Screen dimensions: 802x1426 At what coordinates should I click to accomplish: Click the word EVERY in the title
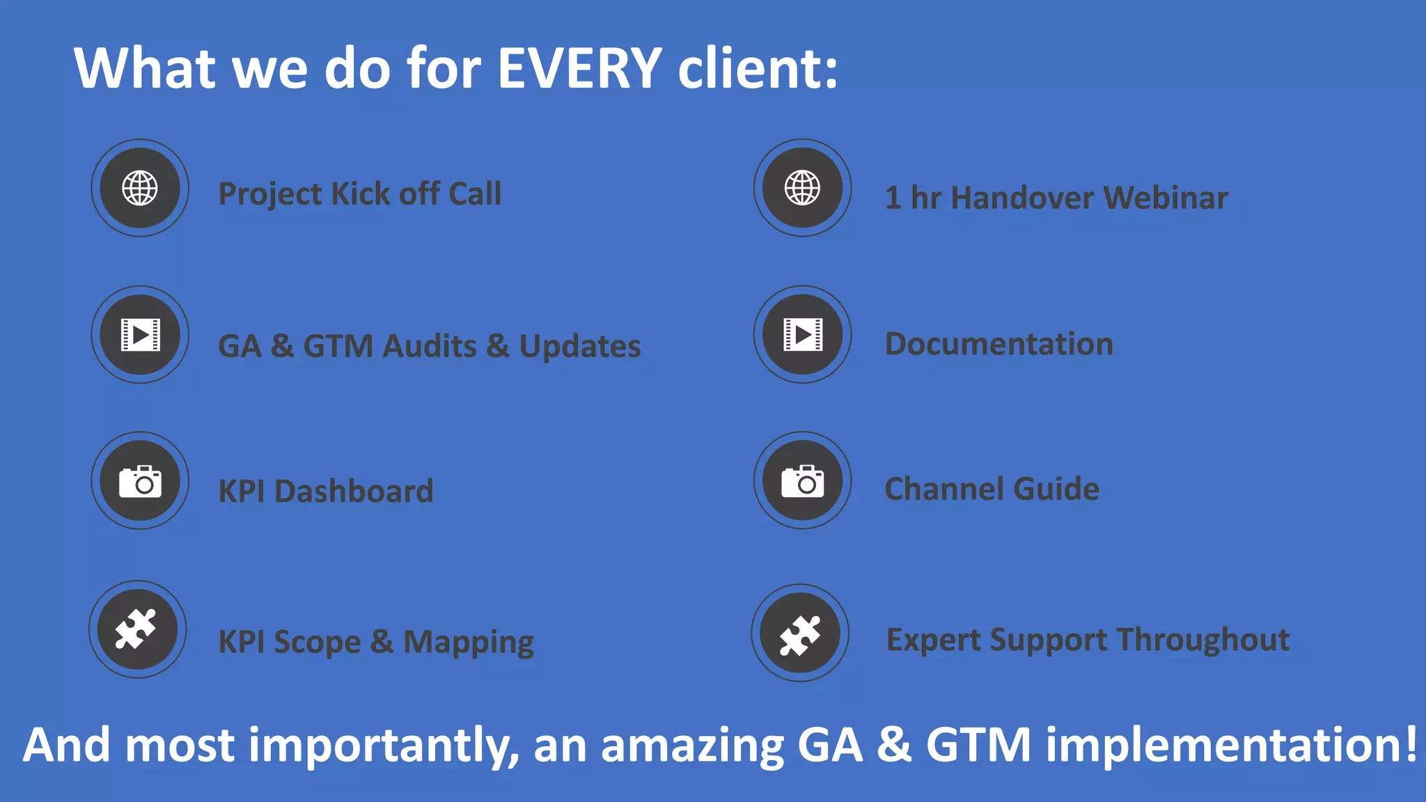[x=579, y=68]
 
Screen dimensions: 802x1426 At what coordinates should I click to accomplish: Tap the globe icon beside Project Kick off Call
[x=140, y=188]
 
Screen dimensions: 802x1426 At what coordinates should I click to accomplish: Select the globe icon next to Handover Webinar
[x=802, y=188]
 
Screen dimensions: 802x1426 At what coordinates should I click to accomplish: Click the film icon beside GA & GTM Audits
[x=140, y=335]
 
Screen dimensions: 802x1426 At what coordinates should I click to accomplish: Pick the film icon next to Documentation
[x=802, y=335]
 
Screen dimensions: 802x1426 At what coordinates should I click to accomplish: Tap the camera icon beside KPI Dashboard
[x=140, y=481]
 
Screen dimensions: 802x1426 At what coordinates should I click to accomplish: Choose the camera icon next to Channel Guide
[x=802, y=481]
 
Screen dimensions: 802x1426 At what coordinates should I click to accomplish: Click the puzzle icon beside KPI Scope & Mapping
[x=137, y=629]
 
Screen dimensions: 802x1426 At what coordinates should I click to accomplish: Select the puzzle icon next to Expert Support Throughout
[x=800, y=634]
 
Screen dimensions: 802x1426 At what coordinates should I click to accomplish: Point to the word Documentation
[x=998, y=344]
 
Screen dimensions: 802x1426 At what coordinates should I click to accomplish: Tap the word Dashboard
[x=354, y=492]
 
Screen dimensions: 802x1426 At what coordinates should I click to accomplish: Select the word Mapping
[x=468, y=642]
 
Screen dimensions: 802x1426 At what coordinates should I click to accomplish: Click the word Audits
[x=430, y=346]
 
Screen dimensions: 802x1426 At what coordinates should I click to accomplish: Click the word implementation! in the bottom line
[x=1231, y=745]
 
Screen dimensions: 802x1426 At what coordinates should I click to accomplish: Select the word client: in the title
[x=758, y=68]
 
